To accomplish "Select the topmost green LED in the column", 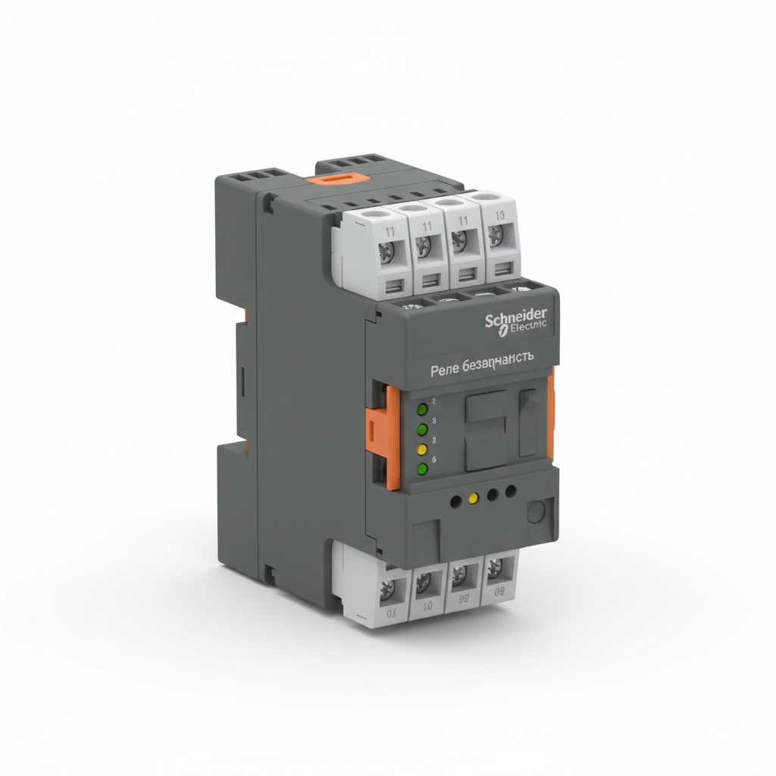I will click(423, 410).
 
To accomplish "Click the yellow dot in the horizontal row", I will click(474, 499).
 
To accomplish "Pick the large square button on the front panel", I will click(486, 429).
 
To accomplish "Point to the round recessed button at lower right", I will click(537, 512).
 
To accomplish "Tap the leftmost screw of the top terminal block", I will click(386, 251).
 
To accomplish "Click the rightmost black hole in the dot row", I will click(511, 493).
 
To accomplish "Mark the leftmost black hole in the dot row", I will click(455, 501).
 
